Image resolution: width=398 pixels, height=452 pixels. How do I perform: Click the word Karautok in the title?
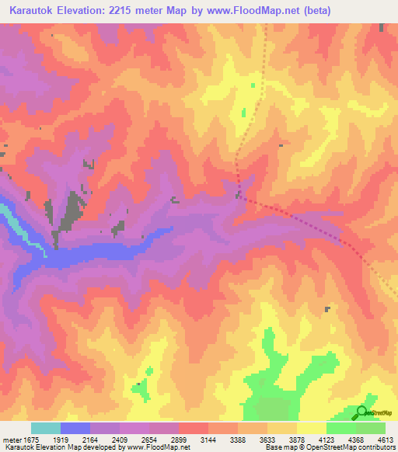pyautogui.click(x=33, y=11)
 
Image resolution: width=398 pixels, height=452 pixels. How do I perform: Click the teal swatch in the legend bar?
pyautogui.click(x=46, y=428)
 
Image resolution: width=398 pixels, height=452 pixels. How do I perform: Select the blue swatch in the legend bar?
pyautogui.click(x=75, y=428)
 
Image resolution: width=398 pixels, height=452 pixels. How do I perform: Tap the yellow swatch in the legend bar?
pyautogui.click(x=312, y=428)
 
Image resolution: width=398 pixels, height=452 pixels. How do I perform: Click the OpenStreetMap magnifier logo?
pyautogui.click(x=361, y=412)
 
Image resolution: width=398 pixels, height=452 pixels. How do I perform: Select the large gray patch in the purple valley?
pyautogui.click(x=75, y=210)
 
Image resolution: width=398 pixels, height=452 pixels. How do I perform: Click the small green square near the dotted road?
pyautogui.click(x=243, y=113)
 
